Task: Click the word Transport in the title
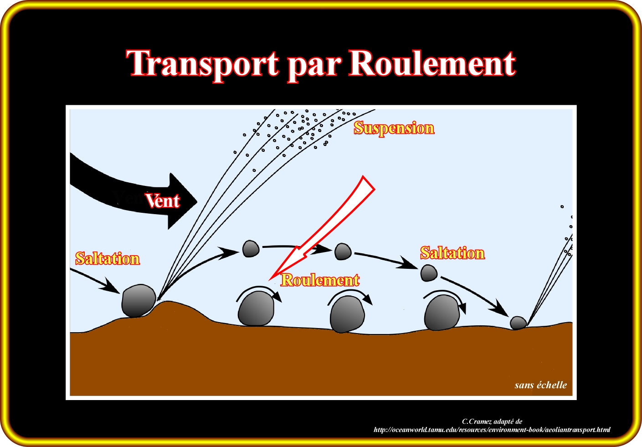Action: (x=202, y=64)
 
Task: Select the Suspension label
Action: (x=394, y=128)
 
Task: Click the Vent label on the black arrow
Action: (x=163, y=200)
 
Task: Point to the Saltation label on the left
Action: (x=108, y=258)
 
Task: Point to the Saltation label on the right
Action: (x=452, y=253)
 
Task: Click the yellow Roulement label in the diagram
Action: (x=320, y=280)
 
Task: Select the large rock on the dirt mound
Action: (x=138, y=300)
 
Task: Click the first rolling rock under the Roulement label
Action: (x=256, y=309)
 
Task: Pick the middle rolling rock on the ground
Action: (x=347, y=314)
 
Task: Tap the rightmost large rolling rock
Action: (x=442, y=313)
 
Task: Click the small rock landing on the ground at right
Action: (x=518, y=323)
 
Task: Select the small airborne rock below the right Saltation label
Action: (x=428, y=273)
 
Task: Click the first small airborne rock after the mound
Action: (x=251, y=249)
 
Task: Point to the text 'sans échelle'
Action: (x=541, y=385)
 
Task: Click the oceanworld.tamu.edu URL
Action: (x=492, y=430)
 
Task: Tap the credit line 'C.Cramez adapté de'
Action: (x=492, y=421)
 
